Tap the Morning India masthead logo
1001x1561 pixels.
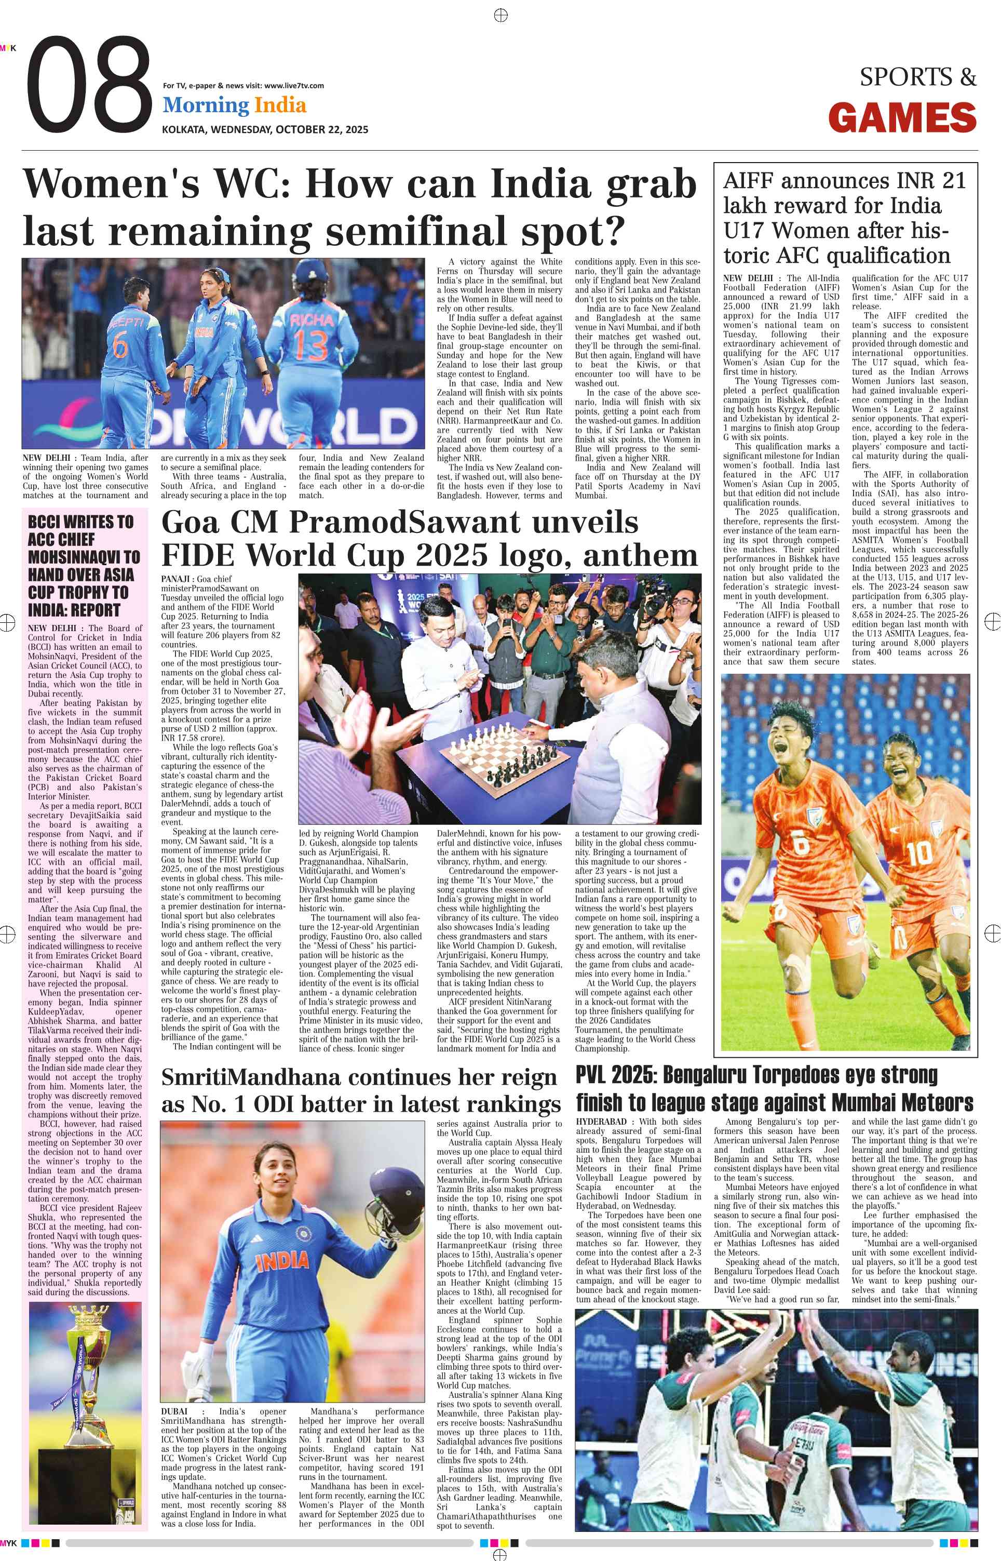pos(234,105)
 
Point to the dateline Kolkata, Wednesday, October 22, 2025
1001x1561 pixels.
pos(265,129)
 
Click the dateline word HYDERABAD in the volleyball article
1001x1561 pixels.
pos(601,1122)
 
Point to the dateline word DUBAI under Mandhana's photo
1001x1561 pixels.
pos(175,1411)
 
